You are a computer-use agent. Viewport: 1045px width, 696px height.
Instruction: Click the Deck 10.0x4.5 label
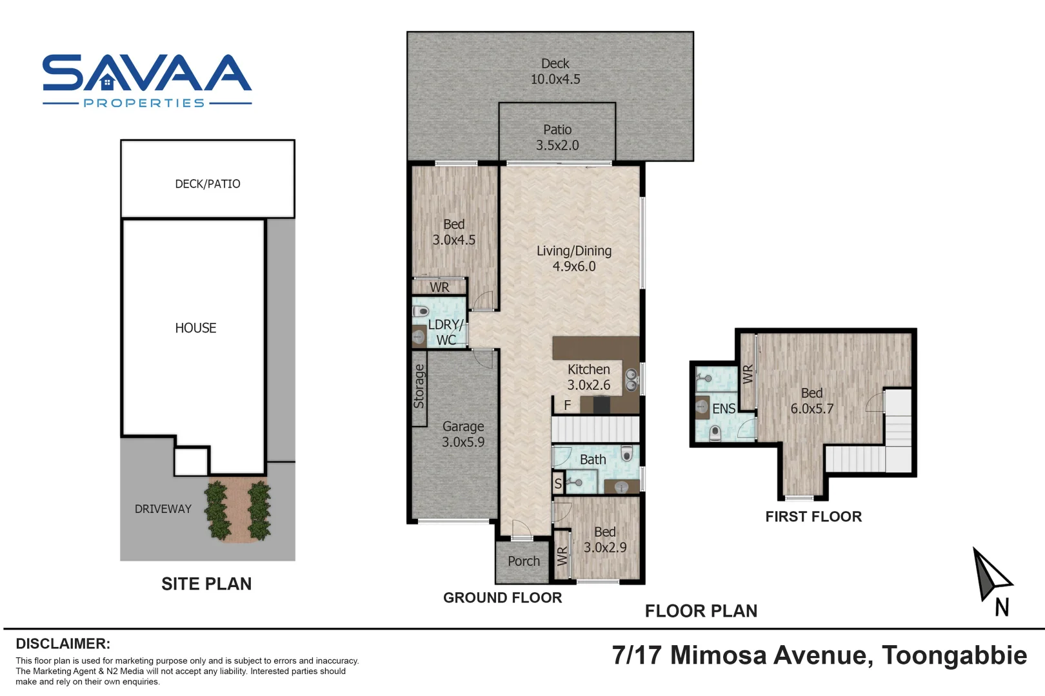(555, 72)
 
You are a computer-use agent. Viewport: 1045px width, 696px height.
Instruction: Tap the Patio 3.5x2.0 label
(557, 137)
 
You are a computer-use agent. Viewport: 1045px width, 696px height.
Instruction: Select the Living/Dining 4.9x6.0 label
(573, 258)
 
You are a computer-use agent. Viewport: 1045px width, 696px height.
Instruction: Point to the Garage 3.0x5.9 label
(463, 434)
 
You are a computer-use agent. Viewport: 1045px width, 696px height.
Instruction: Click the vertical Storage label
(419, 387)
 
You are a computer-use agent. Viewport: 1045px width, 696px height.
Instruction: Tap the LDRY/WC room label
(445, 332)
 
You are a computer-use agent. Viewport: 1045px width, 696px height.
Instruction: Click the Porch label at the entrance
(523, 561)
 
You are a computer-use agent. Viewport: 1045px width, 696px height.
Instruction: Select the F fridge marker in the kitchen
(568, 405)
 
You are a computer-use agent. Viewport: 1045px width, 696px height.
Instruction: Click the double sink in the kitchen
(632, 380)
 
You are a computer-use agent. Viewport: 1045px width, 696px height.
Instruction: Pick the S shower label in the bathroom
(558, 483)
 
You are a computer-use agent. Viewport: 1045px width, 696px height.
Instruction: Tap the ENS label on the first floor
(723, 409)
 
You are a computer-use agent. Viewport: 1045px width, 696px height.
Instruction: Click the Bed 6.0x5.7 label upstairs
(811, 401)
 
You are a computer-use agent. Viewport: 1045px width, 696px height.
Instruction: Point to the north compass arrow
(990, 574)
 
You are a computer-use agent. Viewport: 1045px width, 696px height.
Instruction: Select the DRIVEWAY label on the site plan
(163, 509)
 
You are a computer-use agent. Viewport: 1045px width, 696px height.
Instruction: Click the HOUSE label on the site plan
(195, 328)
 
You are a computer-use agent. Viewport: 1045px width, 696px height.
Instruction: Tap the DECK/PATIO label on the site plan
(208, 184)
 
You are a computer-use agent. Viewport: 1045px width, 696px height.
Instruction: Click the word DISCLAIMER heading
(63, 644)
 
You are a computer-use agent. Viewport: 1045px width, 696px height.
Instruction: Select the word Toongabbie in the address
(954, 655)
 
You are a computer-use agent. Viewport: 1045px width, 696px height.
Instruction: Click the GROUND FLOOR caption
(502, 598)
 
